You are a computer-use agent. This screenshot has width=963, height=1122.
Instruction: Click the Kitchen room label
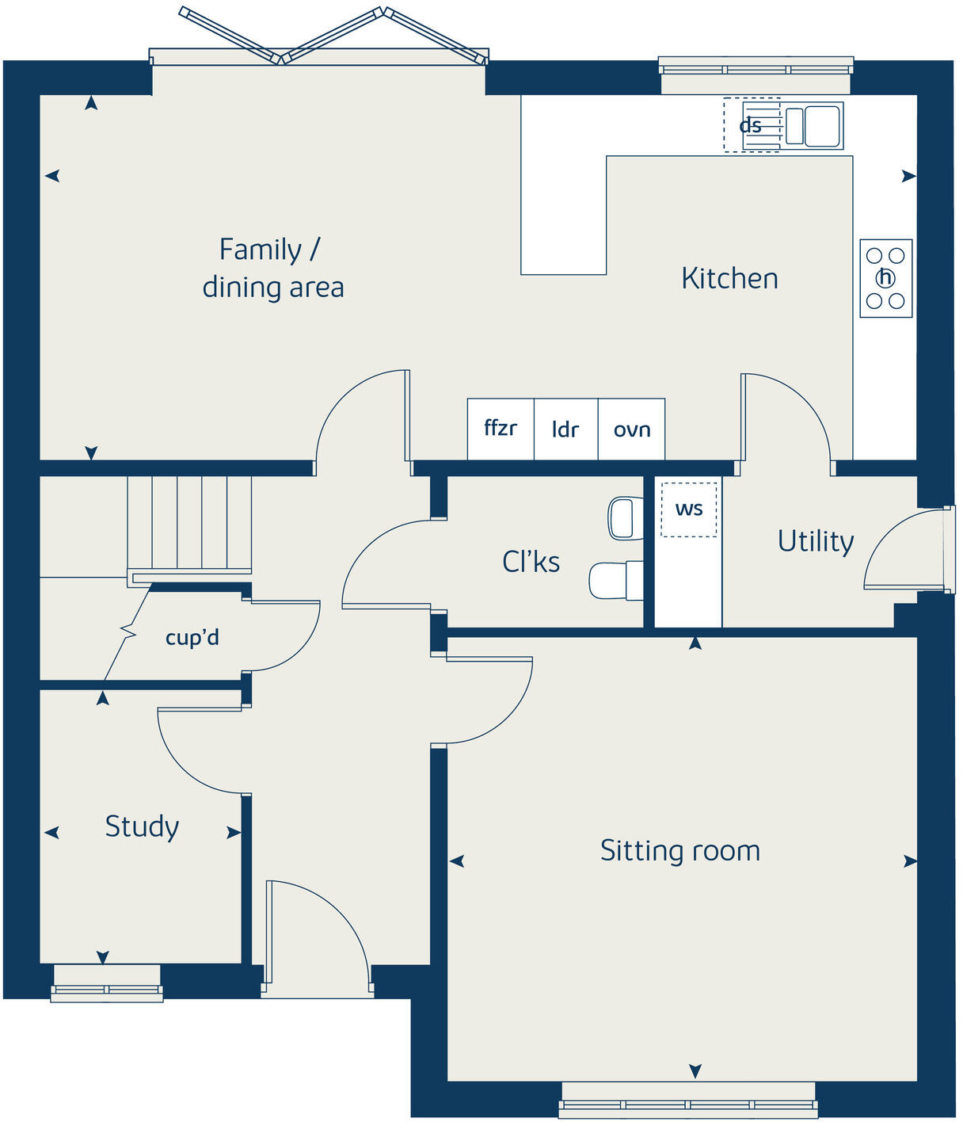729,278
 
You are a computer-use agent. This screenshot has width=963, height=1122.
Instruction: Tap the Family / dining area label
272,268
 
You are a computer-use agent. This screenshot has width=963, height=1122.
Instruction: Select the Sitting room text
679,850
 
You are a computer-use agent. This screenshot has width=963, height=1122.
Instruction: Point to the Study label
142,826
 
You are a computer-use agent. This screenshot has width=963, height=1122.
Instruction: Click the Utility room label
815,541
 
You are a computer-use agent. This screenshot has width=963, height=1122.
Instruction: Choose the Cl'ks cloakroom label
531,562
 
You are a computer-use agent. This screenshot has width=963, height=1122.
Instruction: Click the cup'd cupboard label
192,637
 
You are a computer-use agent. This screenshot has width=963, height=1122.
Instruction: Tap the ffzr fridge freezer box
501,429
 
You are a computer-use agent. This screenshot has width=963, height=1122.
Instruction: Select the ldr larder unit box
565,429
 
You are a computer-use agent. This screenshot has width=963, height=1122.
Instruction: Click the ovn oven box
631,429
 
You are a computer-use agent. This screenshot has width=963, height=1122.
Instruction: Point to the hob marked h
885,278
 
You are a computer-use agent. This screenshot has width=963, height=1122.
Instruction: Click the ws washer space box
688,509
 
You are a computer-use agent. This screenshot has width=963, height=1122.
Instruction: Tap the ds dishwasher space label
750,125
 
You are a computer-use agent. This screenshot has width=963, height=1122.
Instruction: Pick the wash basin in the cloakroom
626,518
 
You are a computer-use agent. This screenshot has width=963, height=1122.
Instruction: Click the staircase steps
190,523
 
